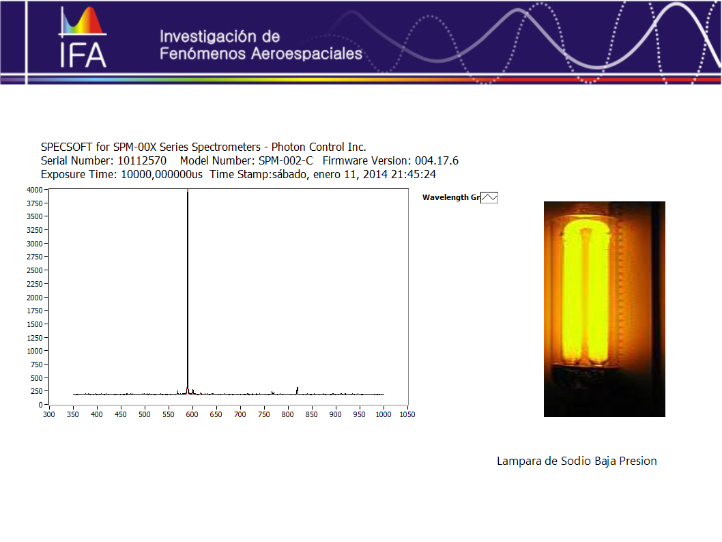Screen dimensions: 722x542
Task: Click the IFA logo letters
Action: tap(83, 56)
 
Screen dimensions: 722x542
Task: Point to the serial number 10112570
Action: tap(142, 160)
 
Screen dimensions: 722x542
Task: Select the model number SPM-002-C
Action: tap(285, 160)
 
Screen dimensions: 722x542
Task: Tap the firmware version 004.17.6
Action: tap(437, 160)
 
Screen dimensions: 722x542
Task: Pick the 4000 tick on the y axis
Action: tap(35, 190)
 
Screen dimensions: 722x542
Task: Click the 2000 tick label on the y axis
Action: tap(35, 298)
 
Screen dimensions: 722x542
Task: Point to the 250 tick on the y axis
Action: tap(36, 391)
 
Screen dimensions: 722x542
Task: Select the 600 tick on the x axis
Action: tap(192, 414)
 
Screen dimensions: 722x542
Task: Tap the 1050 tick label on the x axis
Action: tap(407, 414)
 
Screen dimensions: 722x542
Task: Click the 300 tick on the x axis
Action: tap(49, 414)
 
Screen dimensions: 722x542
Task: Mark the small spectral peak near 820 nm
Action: tap(297, 390)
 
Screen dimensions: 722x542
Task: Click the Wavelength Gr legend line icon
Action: tap(489, 197)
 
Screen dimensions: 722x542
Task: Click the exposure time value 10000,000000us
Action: tap(162, 175)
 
